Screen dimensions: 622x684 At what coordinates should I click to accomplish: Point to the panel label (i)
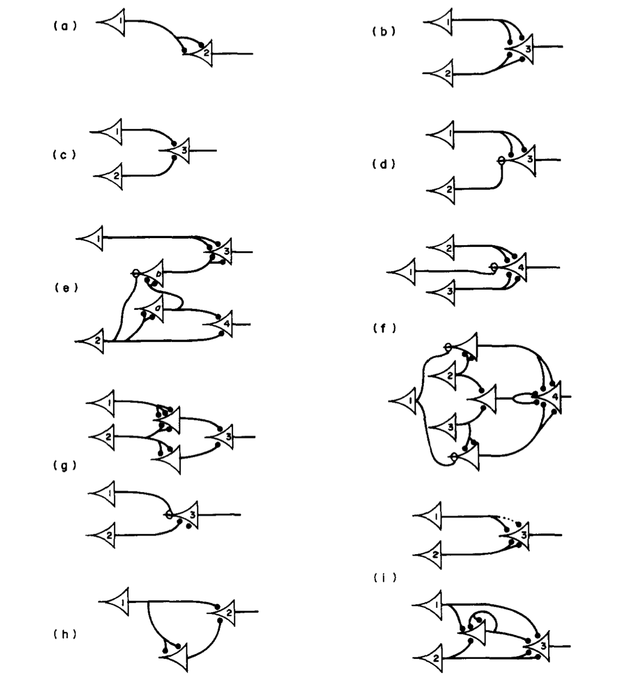[385, 579]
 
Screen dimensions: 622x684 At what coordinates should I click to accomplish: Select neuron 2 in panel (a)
[204, 53]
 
